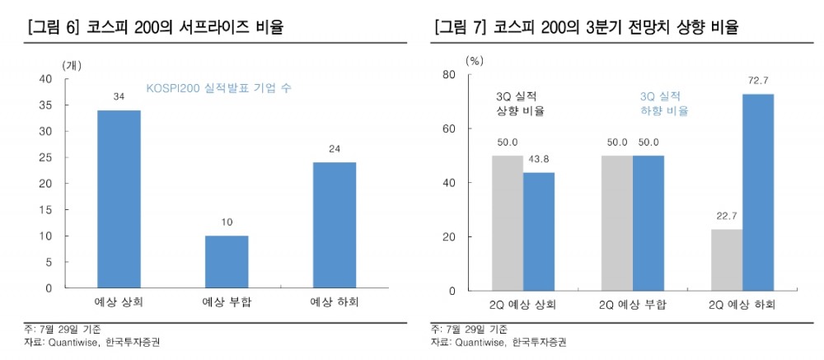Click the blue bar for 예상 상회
point(119,199)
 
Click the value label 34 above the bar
point(119,97)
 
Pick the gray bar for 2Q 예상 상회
point(508,222)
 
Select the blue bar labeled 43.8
point(539,231)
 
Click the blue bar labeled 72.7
point(758,192)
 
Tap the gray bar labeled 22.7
point(727,259)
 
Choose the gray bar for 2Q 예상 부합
point(617,222)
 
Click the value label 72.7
point(758,80)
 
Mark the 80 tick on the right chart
point(449,75)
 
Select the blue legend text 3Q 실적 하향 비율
point(664,103)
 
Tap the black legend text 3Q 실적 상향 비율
point(520,103)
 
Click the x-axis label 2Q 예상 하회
point(742,304)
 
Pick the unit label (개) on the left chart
point(72,63)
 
